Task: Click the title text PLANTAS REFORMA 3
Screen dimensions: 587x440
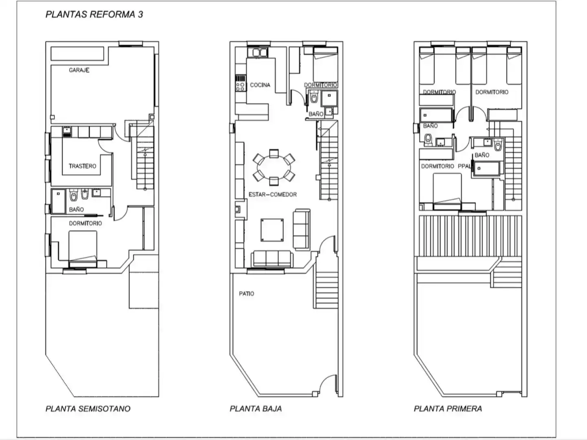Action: point(94,14)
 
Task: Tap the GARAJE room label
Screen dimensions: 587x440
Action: point(79,70)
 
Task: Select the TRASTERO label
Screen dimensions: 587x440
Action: point(82,166)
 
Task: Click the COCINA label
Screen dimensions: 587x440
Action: point(260,85)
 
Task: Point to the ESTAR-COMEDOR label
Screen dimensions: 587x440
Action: point(273,194)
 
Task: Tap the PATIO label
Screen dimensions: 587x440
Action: point(246,294)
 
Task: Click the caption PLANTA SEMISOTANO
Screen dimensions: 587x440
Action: point(88,409)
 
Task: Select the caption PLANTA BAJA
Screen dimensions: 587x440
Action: point(256,409)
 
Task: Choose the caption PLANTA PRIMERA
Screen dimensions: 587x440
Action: point(448,409)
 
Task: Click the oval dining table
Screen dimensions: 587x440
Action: point(274,167)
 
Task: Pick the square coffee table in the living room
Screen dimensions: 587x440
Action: point(272,230)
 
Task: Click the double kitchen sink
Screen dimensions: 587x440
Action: point(258,53)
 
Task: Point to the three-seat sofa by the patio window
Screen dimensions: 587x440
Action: point(272,259)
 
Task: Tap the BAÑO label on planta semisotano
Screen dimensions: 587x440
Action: point(76,209)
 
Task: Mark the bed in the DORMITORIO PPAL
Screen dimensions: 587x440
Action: point(447,191)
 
